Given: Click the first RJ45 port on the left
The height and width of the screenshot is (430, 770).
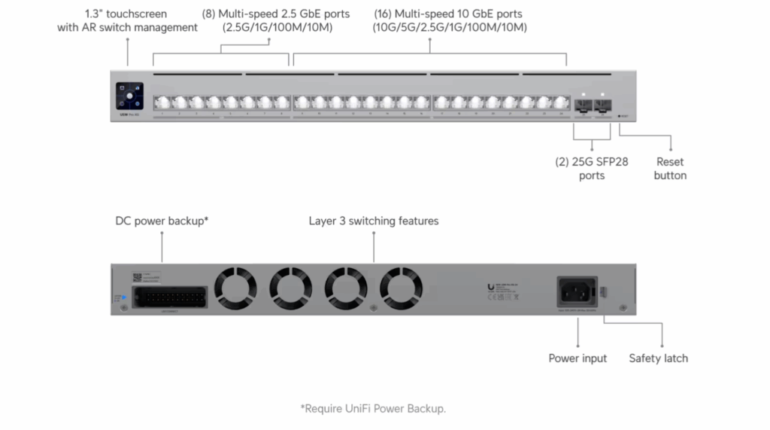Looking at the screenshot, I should coord(162,103).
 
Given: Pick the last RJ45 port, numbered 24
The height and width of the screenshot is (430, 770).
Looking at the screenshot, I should coord(560,103).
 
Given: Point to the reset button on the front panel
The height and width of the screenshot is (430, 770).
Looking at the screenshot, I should coord(618,116).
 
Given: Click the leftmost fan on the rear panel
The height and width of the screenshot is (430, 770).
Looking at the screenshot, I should coord(236,288).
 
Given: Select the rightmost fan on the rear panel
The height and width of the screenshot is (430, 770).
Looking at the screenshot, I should coord(400,288).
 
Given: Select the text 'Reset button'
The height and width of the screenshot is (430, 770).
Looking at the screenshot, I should coord(670,169).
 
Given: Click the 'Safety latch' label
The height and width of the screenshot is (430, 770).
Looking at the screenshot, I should coord(658,358).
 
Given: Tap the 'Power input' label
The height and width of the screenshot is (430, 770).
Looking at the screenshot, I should coord(577,358).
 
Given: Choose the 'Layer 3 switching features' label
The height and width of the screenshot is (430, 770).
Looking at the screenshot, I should coord(374,221).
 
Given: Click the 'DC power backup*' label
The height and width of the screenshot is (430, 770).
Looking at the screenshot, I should coord(162,221).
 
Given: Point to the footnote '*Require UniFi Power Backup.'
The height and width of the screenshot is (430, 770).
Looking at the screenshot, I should coord(373,409).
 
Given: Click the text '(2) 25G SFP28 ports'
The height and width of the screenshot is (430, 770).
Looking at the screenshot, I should coord(593,169).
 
